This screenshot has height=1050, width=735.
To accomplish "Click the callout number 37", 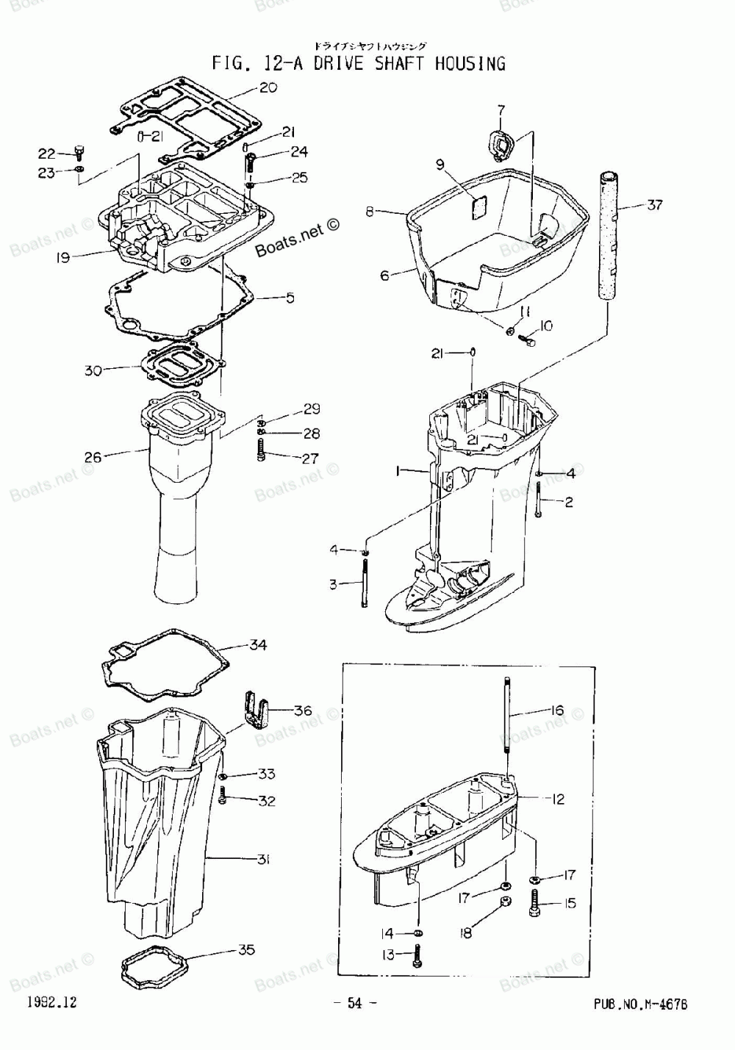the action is point(654,204).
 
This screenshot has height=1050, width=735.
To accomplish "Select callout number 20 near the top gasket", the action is point(268,87).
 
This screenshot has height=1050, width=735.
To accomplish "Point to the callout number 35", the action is point(246,949).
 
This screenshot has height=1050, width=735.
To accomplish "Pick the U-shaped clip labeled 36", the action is point(254,708).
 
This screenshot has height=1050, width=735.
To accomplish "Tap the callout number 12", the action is point(558,798).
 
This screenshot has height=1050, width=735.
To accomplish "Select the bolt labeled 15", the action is point(534,903).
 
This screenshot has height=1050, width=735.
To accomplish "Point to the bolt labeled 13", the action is point(417,955).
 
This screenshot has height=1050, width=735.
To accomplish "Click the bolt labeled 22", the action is point(79,152).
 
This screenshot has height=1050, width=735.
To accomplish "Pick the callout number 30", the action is point(93,371).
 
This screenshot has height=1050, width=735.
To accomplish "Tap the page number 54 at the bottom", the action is point(356,1004).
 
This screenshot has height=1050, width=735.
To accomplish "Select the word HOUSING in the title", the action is point(470,63).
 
